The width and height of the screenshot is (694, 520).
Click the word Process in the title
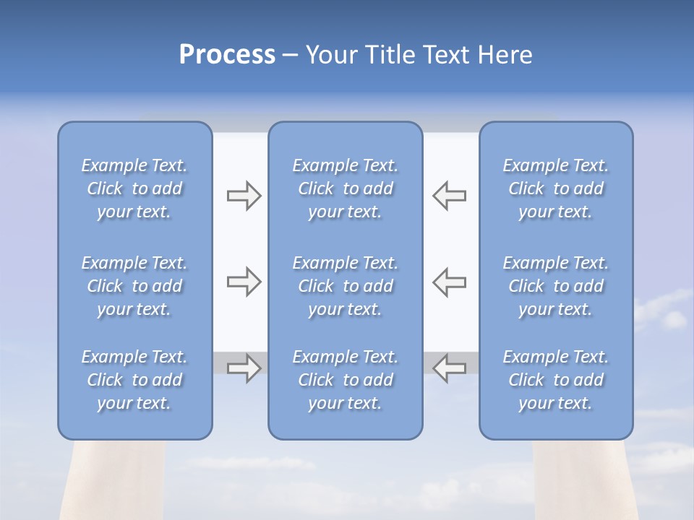click(x=227, y=55)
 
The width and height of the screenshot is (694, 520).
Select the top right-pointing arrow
click(x=244, y=196)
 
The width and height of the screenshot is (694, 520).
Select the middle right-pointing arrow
click(x=244, y=282)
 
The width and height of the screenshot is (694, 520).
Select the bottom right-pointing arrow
click(x=244, y=368)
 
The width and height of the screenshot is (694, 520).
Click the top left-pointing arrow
click(x=449, y=196)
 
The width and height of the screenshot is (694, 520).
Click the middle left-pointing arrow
click(x=449, y=282)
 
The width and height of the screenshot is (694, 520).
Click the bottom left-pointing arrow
click(x=449, y=368)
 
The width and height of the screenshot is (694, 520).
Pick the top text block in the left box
click(x=134, y=188)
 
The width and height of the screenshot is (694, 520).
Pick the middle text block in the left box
click(x=134, y=286)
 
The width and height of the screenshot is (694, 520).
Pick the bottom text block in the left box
click(x=134, y=380)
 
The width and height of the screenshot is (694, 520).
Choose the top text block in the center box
click(x=345, y=188)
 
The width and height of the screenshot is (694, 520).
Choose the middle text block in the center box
click(x=345, y=286)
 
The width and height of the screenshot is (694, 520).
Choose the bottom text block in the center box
click(x=345, y=380)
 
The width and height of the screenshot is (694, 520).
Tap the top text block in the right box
click(x=555, y=188)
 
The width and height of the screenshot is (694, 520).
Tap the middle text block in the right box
click(x=555, y=286)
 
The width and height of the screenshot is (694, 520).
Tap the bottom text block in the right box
click(x=555, y=380)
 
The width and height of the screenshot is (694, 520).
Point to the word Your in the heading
click(x=330, y=55)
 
